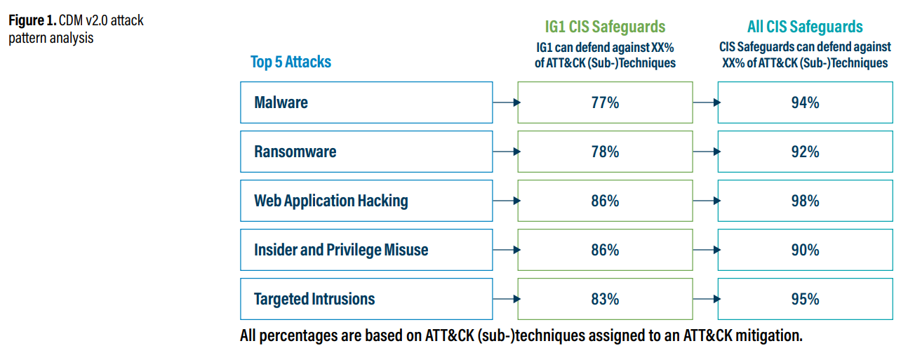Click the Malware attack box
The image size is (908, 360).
[366, 102]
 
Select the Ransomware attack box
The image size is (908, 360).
[366, 152]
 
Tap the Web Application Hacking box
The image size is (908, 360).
[366, 201]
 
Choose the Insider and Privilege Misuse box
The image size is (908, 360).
[366, 250]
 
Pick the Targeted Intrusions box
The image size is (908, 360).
[366, 299]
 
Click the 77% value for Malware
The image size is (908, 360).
[605, 102]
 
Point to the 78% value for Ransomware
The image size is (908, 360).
[605, 152]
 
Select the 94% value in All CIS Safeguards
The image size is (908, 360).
[805, 102]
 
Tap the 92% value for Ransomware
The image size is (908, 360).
[805, 152]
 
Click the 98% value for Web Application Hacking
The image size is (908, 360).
[805, 201]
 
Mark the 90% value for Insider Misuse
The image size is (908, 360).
[805, 250]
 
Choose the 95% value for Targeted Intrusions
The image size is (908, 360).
[805, 299]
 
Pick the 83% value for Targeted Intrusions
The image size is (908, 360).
[605, 299]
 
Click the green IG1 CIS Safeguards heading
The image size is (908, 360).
[605, 27]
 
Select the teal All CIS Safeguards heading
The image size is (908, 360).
[805, 27]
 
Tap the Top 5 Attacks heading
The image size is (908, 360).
[291, 62]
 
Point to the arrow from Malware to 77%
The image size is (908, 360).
[505, 102]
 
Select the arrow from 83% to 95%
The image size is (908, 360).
[705, 299]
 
